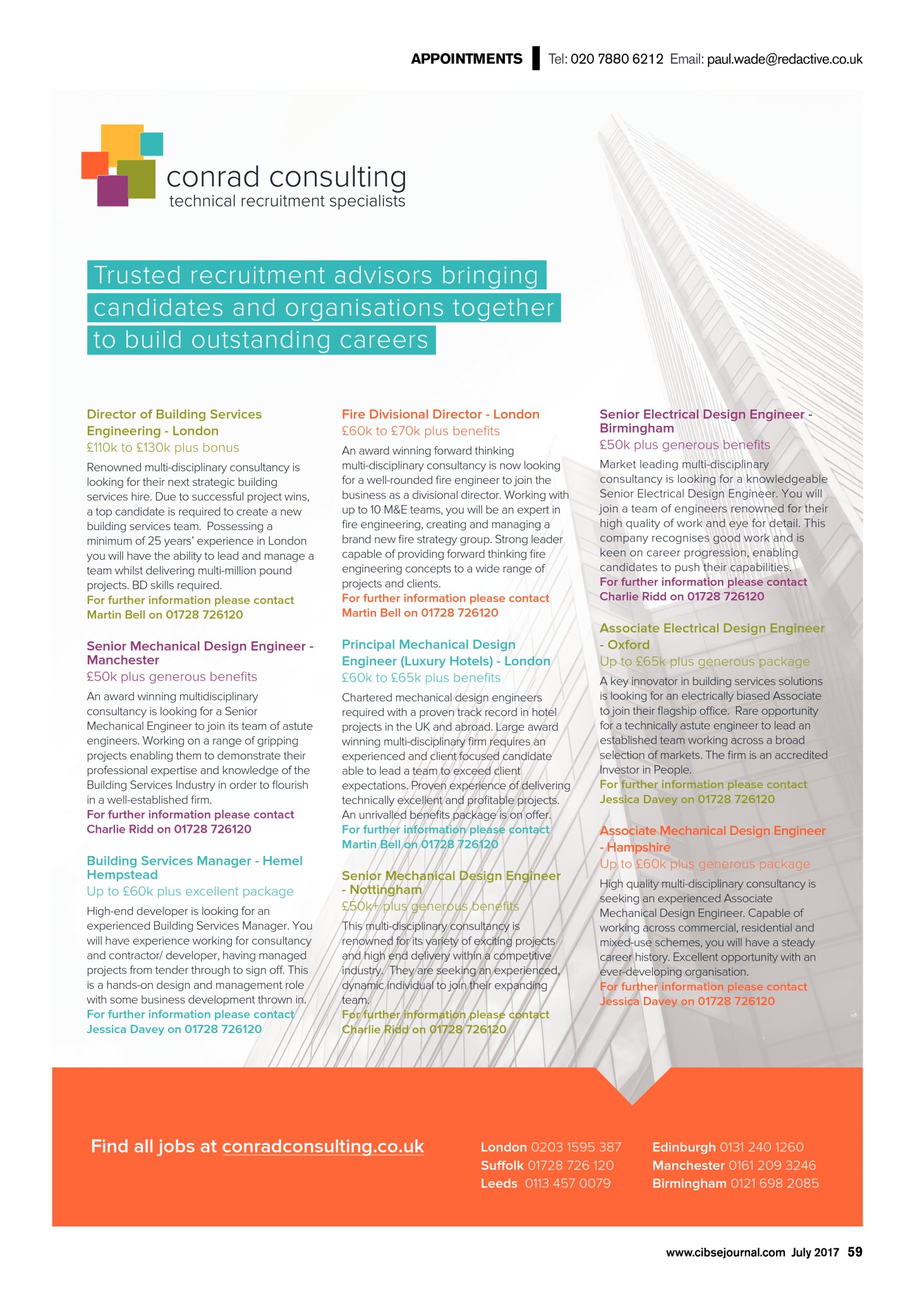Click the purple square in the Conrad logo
(112, 191)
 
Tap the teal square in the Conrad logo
(152, 143)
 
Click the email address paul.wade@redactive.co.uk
(784, 59)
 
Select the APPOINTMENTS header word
(466, 59)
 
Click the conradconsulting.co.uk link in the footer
(323, 1146)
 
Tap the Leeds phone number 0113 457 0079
(567, 1183)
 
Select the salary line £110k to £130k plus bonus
(163, 447)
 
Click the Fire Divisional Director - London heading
(440, 414)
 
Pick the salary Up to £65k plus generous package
(705, 662)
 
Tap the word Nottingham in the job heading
(385, 890)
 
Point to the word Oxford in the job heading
(628, 645)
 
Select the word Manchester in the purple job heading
(123, 660)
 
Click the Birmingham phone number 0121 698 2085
(774, 1183)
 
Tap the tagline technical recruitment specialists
(287, 202)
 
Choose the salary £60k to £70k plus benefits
(421, 431)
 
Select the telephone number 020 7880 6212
(617, 59)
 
